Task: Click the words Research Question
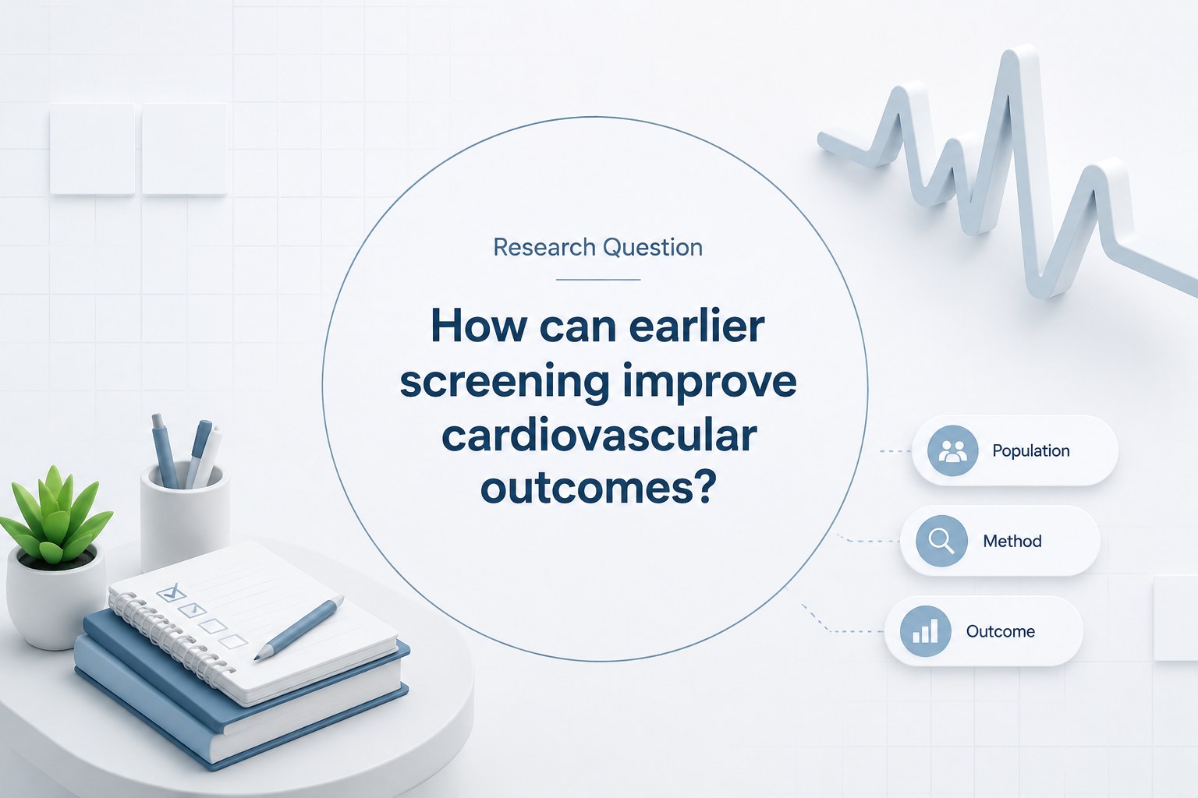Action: point(598,248)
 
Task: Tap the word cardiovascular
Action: point(599,436)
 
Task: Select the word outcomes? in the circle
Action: point(598,489)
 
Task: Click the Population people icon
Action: point(952,450)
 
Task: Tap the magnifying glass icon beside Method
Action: point(941,541)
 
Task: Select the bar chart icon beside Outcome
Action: point(925,631)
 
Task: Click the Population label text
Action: point(1030,450)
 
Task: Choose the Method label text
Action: point(1012,541)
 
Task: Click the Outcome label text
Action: point(1000,631)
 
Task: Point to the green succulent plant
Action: point(55,516)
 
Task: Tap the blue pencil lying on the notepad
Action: point(299,629)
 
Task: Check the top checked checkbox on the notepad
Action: point(171,592)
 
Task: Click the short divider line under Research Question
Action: point(598,280)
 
